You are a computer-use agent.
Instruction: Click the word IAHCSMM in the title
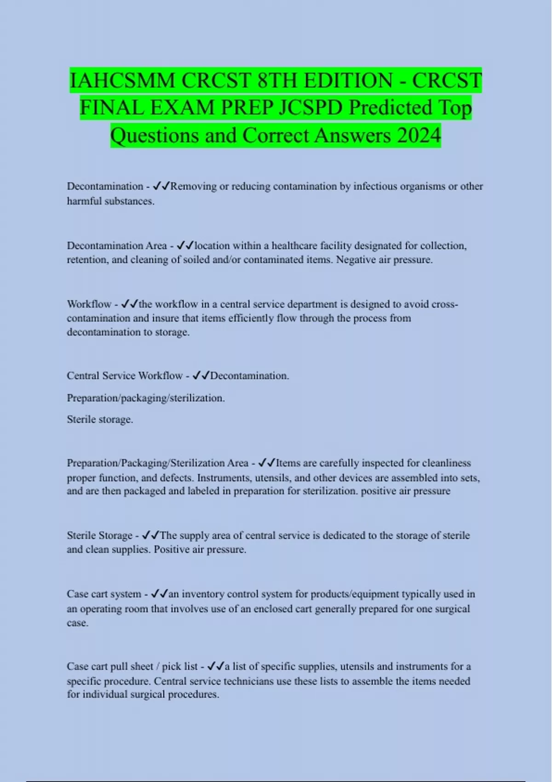[x=122, y=81]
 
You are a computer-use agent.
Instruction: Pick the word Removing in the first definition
[x=194, y=186]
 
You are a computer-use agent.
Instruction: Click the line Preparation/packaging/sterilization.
[x=146, y=398]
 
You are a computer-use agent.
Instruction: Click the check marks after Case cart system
[x=159, y=594]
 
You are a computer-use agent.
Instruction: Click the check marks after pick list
[x=216, y=666]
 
